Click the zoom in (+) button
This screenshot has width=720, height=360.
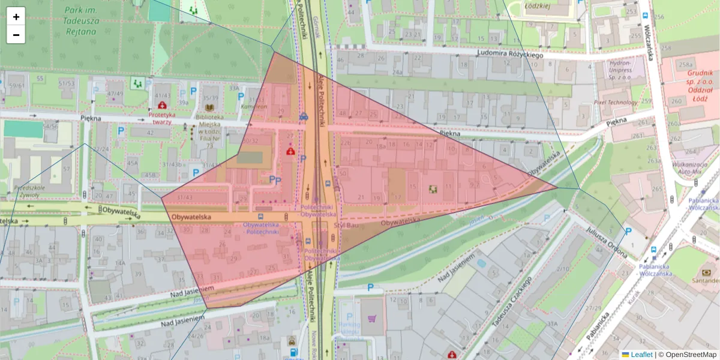coord(16,17)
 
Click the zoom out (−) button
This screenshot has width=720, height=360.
coord(16,35)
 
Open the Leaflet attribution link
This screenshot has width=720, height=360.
coord(641,355)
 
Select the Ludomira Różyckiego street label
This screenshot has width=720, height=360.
coord(510,54)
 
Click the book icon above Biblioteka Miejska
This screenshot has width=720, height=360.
coord(209,107)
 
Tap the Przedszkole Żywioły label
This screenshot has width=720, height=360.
coord(26,191)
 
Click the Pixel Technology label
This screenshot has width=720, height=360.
coord(614,103)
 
